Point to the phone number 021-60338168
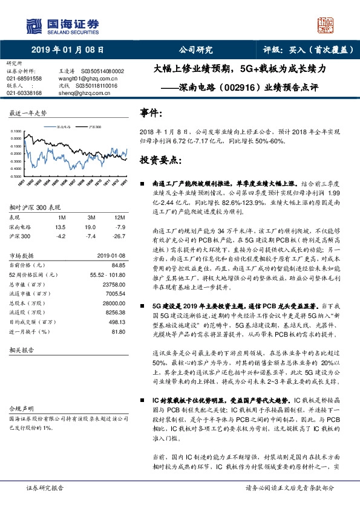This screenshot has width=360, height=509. [x=24, y=93]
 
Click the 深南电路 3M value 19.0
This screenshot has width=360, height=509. [x=91, y=227]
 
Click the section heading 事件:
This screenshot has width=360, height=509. [x=151, y=112]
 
